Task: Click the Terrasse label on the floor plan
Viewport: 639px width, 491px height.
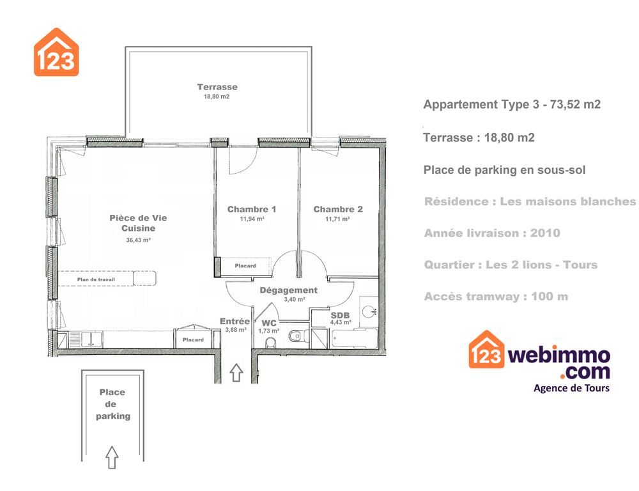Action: (x=217, y=87)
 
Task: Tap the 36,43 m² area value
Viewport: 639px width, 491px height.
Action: (x=139, y=240)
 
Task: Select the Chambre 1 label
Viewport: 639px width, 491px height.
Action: (x=252, y=209)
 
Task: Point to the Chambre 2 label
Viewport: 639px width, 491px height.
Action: (x=338, y=209)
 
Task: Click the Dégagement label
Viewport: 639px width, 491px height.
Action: (x=289, y=290)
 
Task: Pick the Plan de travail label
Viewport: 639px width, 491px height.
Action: (x=96, y=280)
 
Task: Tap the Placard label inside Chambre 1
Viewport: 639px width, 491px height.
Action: (x=245, y=266)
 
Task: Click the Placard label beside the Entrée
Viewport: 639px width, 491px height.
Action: (x=193, y=339)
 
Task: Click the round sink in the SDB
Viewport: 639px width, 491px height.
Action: (x=369, y=311)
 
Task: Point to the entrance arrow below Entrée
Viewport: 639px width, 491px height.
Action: (x=236, y=372)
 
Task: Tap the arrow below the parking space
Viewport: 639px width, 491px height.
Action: (x=112, y=457)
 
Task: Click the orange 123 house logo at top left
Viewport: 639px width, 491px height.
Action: (x=56, y=52)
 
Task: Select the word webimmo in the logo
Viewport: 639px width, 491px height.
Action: (x=558, y=355)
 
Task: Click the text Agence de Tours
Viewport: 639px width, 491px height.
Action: (x=571, y=388)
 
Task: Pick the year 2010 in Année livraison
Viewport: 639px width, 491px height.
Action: (x=545, y=233)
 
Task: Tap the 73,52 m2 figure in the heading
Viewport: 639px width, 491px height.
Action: (x=576, y=104)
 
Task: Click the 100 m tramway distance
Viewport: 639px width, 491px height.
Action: (x=550, y=297)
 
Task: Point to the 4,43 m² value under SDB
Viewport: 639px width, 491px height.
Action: (x=341, y=322)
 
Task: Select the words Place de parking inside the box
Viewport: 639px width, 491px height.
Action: (x=113, y=404)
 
